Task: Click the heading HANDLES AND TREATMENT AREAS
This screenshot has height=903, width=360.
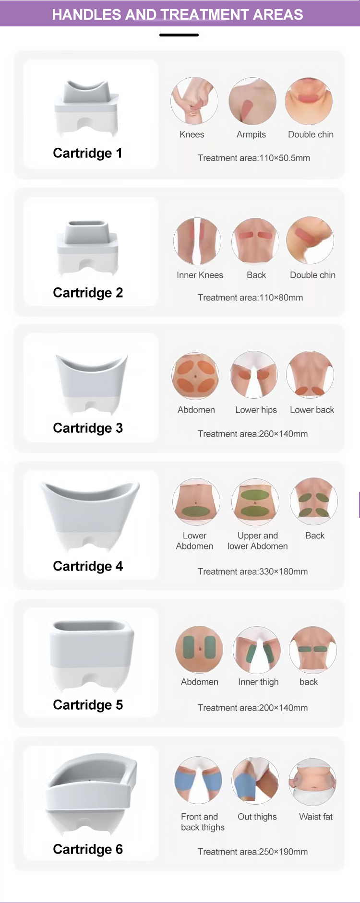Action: (178, 14)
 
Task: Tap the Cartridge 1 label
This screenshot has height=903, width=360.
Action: (87, 153)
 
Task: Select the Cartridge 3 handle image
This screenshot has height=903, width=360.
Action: (91, 384)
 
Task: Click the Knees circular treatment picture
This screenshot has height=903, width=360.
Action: (194, 101)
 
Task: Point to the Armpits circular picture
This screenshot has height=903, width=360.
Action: (252, 101)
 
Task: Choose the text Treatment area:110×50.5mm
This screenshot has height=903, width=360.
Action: (253, 158)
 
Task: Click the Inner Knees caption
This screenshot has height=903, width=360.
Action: (200, 275)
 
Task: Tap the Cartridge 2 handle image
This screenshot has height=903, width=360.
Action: (87, 247)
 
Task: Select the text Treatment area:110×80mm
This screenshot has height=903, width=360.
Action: (250, 297)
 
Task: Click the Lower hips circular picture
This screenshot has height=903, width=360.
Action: (254, 375)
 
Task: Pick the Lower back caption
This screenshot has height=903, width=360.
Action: (312, 410)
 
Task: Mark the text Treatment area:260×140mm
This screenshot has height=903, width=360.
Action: (252, 434)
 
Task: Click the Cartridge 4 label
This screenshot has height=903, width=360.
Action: (88, 566)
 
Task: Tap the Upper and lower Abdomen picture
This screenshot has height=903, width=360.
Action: (255, 502)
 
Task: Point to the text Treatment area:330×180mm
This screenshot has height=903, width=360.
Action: (252, 571)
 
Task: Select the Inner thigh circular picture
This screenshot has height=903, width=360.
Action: (257, 650)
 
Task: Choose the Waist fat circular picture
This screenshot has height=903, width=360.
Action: (312, 782)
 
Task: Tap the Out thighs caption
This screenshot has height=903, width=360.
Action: (257, 817)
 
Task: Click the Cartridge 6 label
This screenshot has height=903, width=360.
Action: (88, 849)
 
